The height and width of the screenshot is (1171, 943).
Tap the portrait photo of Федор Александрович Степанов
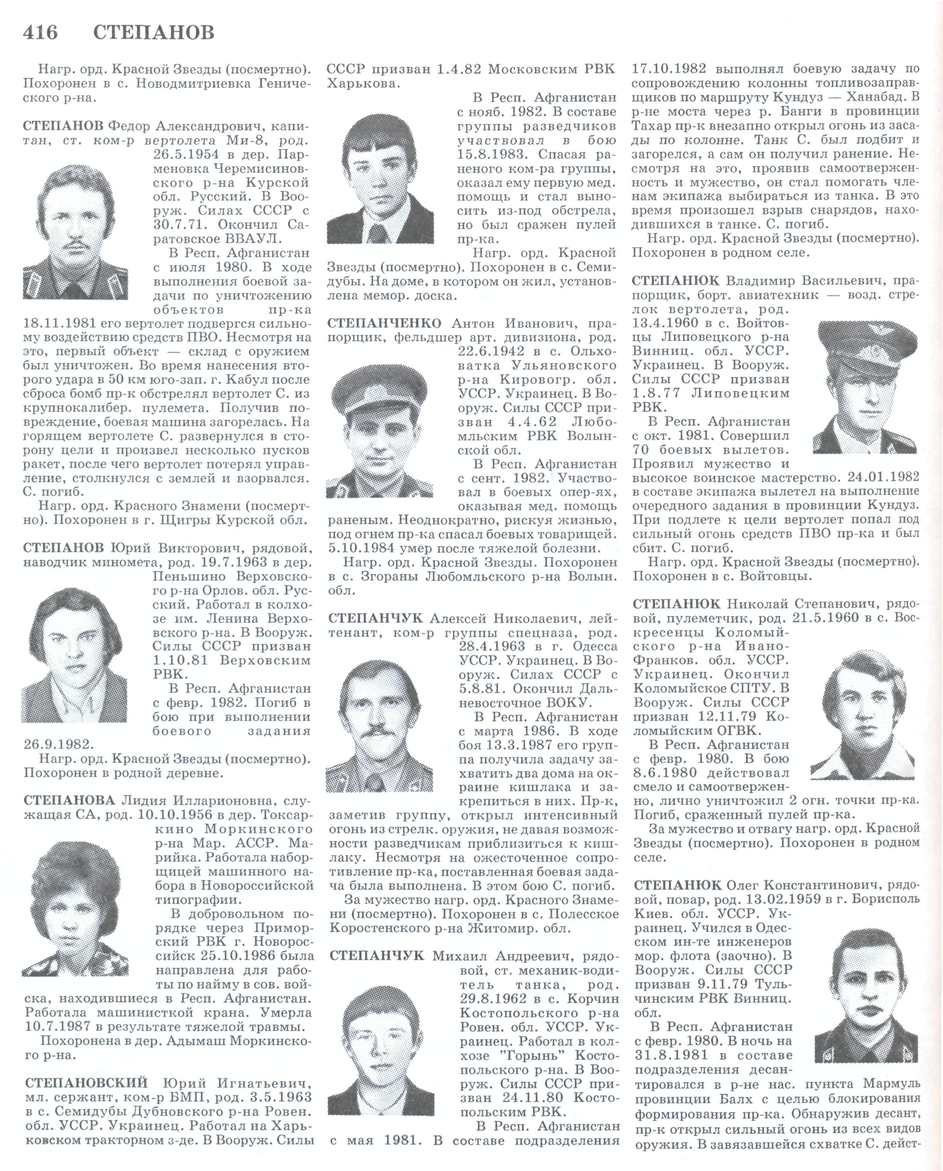(x=76, y=233)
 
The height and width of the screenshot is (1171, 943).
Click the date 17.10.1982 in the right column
(x=669, y=69)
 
